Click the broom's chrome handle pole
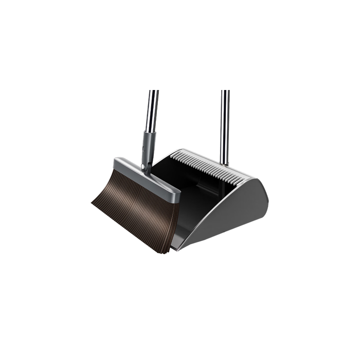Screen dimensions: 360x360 [x=152, y=111]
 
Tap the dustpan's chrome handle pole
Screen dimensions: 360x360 [x=225, y=123]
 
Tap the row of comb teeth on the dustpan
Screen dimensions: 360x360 [x=206, y=166]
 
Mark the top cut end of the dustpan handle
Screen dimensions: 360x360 [x=225, y=92]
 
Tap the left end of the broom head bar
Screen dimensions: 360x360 [x=116, y=164]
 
